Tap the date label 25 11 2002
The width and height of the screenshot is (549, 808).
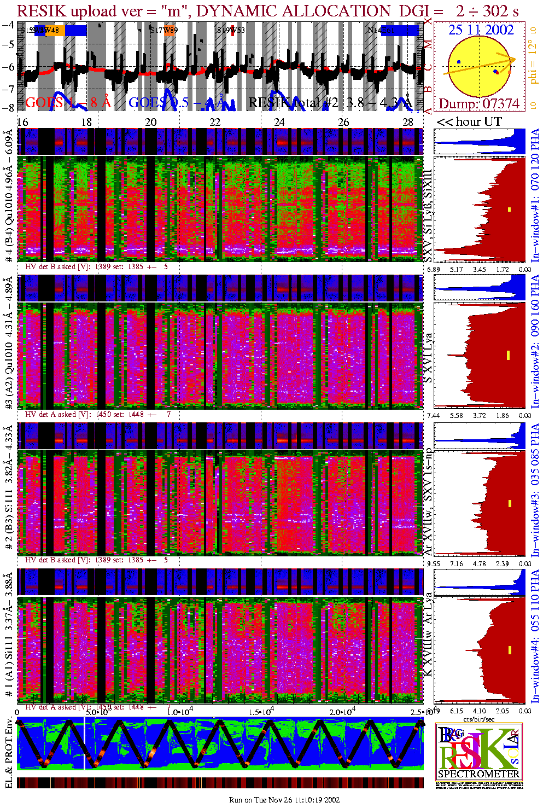pyautogui.click(x=481, y=30)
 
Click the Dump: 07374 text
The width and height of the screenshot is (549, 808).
pyautogui.click(x=479, y=104)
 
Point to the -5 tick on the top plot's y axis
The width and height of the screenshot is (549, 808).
pyautogui.click(x=8, y=45)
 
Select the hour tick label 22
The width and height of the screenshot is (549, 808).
pyautogui.click(x=215, y=122)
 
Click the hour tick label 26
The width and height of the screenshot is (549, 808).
pyautogui.click(x=343, y=122)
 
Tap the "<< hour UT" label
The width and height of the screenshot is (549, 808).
pyautogui.click(x=469, y=122)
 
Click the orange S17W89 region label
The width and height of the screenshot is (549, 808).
pyautogui.click(x=165, y=31)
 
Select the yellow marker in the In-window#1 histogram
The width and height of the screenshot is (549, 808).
pyautogui.click(x=509, y=209)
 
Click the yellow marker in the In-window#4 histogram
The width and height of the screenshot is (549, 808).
pyautogui.click(x=509, y=650)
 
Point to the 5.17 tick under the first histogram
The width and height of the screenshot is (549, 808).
pyautogui.click(x=456, y=269)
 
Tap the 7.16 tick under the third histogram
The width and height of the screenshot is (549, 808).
pyautogui.click(x=456, y=563)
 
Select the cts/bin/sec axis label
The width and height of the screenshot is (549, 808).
pyautogui.click(x=479, y=719)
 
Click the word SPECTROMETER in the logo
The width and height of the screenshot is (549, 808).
pyautogui.click(x=479, y=774)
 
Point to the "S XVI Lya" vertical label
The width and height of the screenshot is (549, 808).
pyautogui.click(x=429, y=358)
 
